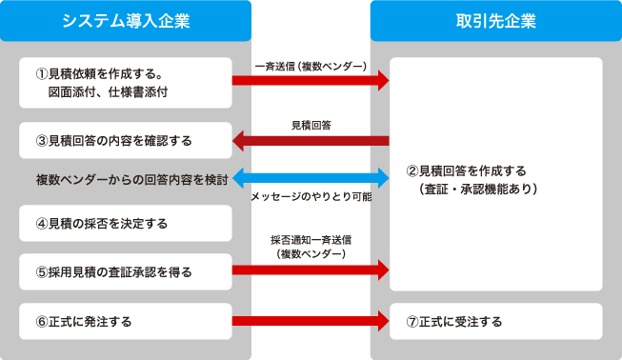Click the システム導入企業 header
tap(126, 21)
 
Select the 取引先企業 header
tap(495, 21)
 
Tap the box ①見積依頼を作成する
tap(126, 83)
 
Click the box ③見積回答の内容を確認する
tap(126, 140)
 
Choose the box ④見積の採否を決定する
tap(126, 224)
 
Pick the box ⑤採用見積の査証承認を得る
tap(126, 271)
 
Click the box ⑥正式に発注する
tap(126, 321)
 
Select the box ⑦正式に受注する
tap(495, 321)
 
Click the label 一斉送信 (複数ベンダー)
tap(311, 67)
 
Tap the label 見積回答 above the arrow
tap(311, 125)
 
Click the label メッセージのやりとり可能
tap(311, 196)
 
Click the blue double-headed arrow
tap(311, 176)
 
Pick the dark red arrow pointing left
tap(311, 142)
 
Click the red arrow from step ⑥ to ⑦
tap(311, 321)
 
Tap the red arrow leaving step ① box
tap(311, 82)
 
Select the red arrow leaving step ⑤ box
tap(311, 271)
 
